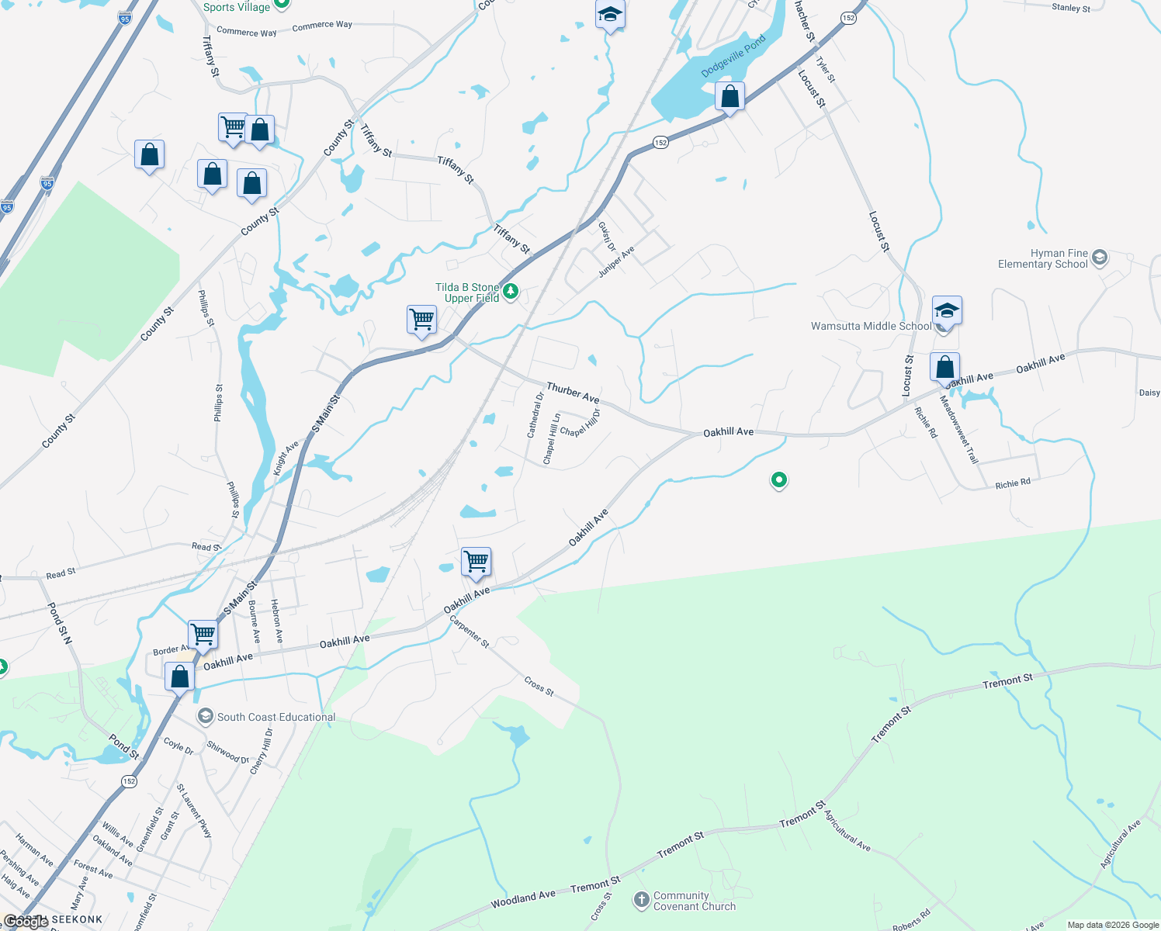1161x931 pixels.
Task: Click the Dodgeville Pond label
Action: [733, 56]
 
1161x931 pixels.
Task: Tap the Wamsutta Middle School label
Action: [871, 326]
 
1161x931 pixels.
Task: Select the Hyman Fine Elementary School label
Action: [1042, 258]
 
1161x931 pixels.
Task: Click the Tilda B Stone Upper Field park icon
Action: [511, 292]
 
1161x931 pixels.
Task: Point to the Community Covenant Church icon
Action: [641, 900]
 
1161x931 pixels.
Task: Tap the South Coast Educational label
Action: [276, 717]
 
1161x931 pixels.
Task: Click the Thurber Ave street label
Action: [573, 392]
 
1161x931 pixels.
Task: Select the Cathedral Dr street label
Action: [535, 414]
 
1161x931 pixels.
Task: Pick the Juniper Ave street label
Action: [616, 262]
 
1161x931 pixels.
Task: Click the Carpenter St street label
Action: [469, 632]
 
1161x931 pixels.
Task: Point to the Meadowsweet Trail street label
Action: [959, 429]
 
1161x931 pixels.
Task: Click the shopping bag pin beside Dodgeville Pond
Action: [730, 97]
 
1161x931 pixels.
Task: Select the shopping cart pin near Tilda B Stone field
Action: [421, 320]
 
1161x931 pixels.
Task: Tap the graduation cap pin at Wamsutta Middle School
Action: [947, 312]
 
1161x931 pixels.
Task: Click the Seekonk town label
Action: [78, 919]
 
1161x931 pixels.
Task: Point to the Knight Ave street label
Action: [286, 459]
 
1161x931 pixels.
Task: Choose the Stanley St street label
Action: [1071, 8]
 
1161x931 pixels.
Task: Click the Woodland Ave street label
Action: [523, 899]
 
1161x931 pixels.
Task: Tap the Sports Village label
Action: [237, 7]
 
